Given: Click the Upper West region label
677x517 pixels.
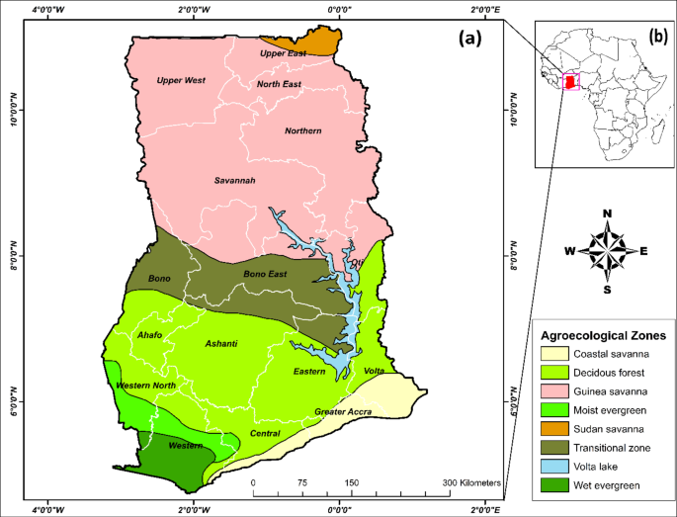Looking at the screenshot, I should pos(181,80).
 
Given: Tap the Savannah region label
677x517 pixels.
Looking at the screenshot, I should pos(235,181).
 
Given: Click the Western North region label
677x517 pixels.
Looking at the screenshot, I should pos(145,385).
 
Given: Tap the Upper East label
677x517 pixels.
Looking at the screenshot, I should pos(284,53).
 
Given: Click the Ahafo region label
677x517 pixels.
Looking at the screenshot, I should pos(150,335).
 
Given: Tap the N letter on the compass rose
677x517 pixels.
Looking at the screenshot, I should pos(607,215).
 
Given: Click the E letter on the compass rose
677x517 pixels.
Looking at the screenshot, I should pos(643,251).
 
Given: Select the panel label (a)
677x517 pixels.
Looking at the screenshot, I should pos(468,39).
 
